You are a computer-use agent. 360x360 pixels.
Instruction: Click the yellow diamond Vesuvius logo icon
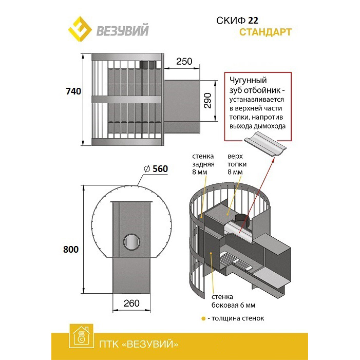(x=80, y=29)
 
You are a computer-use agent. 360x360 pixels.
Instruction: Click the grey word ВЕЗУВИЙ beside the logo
(x=122, y=30)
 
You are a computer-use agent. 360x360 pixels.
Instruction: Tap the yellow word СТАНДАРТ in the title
(x=266, y=32)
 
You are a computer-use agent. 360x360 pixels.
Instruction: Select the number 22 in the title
(x=253, y=21)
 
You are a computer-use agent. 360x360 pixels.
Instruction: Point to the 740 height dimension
(x=73, y=91)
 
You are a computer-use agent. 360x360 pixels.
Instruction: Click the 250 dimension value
(x=184, y=61)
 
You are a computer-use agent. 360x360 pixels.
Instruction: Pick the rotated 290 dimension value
(x=207, y=101)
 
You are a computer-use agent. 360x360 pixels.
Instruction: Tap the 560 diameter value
(x=160, y=169)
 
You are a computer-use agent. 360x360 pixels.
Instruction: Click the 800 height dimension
(x=71, y=250)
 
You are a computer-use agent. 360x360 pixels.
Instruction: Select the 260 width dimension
(x=131, y=304)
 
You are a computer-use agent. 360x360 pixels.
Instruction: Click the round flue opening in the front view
(x=132, y=242)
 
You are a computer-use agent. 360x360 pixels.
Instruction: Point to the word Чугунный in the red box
(x=248, y=80)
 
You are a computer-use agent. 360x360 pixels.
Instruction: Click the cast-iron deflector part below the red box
(x=264, y=144)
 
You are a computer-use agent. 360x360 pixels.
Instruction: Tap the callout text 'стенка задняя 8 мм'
(x=203, y=164)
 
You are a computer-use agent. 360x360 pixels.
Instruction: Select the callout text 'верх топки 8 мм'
(x=237, y=164)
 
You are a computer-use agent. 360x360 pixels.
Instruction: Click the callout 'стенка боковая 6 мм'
(x=233, y=301)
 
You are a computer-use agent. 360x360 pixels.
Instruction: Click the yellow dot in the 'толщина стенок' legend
(x=203, y=319)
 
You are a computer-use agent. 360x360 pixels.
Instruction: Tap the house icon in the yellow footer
(x=81, y=336)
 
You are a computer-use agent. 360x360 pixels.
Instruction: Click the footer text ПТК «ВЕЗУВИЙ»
(x=139, y=344)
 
